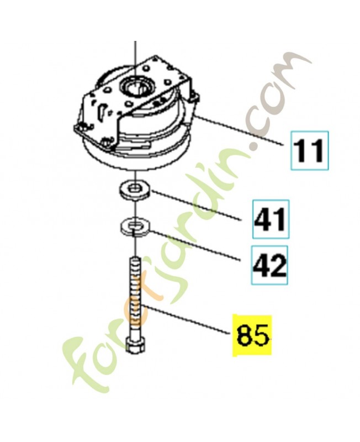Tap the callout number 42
270,265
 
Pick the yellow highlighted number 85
252,335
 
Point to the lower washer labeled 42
135,226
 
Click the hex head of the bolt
135,345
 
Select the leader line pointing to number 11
240,130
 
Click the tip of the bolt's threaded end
136,257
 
